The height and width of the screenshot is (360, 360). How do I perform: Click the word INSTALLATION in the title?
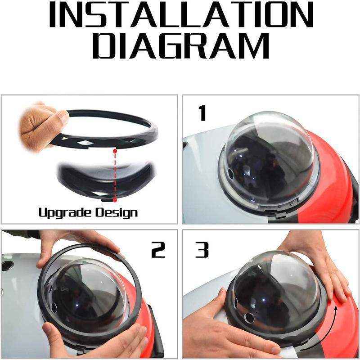(181, 15)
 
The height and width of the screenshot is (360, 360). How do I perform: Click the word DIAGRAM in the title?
(181, 46)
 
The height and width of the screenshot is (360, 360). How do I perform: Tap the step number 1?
(202, 113)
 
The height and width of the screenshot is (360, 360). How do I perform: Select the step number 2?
(158, 250)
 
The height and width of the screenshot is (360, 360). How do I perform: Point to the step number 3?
(202, 250)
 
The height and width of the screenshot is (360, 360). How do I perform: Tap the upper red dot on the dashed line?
(115, 151)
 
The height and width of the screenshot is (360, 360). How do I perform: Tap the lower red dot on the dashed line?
(115, 200)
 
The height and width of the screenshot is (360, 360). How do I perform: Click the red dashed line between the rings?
(115, 175)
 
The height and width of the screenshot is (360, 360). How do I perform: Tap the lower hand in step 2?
(96, 340)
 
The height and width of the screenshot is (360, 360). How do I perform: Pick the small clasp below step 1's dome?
(280, 215)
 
